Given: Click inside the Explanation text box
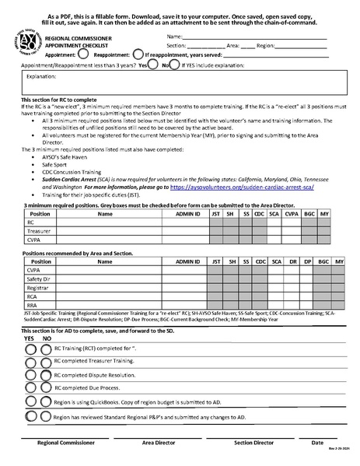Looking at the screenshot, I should [180, 87].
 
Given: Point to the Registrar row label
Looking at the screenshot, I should [37, 287].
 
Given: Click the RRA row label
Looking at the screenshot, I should [33, 305].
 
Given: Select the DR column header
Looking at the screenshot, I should [291, 261].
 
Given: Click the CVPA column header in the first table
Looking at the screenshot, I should [291, 213].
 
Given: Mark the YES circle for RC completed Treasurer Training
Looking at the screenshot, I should [30, 363].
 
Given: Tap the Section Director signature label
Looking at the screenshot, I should [253, 442].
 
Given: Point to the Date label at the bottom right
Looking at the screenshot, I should [317, 442].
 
